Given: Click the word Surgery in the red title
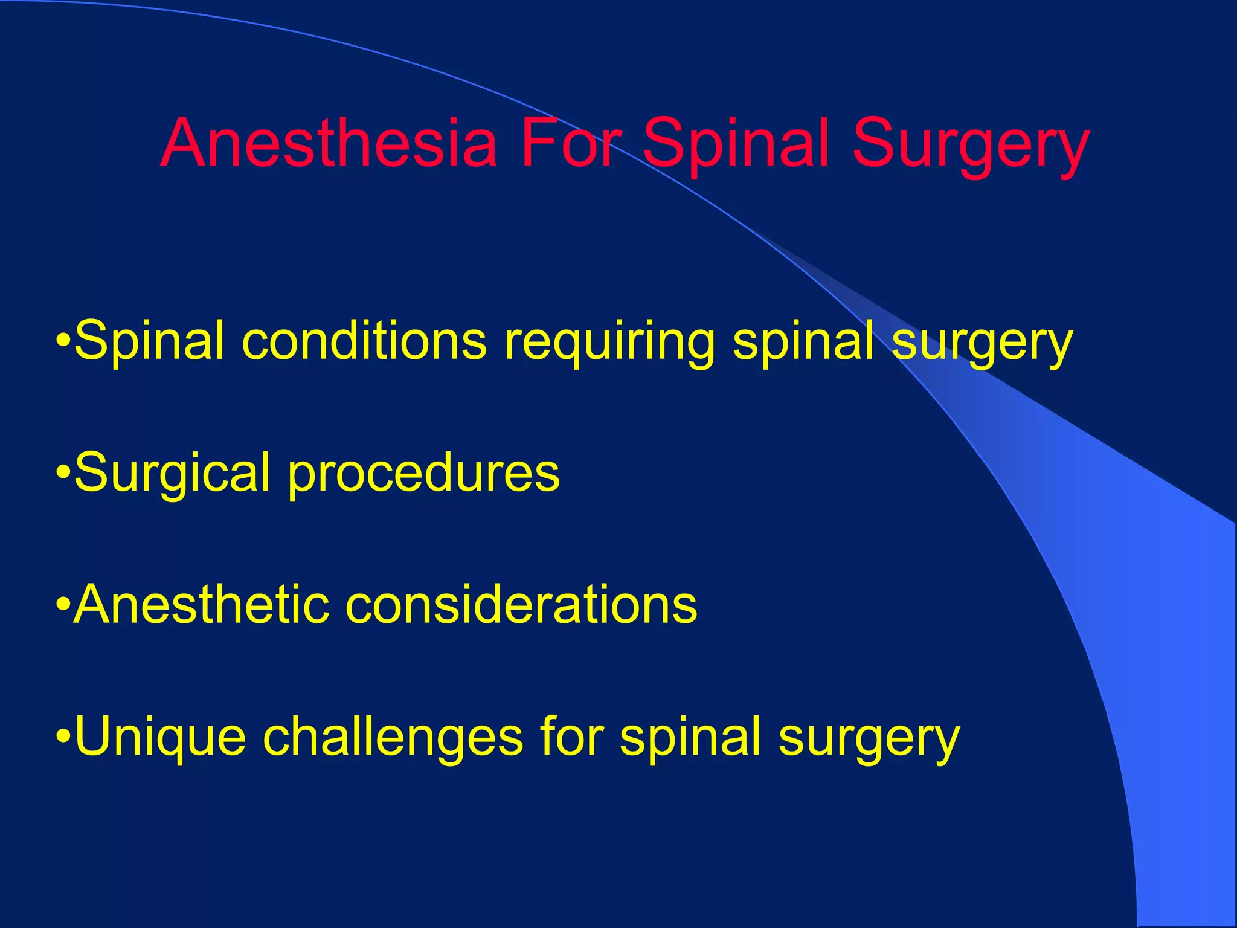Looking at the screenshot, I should point(970,145).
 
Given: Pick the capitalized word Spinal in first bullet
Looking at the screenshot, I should point(149,341).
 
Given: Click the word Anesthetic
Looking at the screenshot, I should point(202,604).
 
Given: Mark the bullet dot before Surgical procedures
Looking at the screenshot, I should point(63,472).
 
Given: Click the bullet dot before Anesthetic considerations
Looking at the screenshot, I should point(63,605).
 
